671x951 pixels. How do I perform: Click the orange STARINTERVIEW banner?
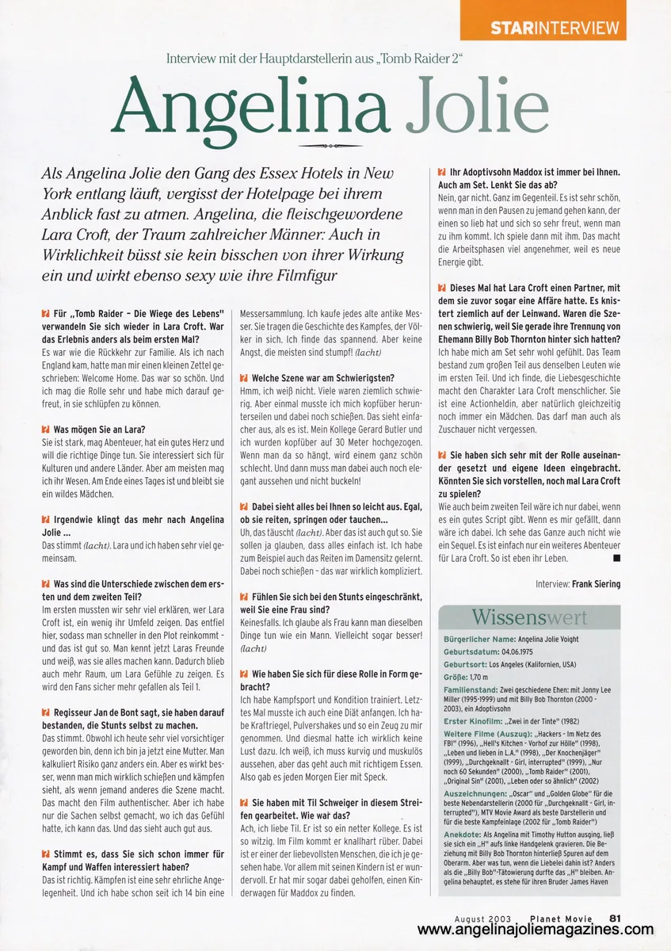(554, 28)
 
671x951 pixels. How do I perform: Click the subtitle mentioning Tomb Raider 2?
(314, 59)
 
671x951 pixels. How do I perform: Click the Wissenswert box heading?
(530, 617)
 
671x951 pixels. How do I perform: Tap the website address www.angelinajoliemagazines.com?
(536, 930)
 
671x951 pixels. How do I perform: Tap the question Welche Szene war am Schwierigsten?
(322, 377)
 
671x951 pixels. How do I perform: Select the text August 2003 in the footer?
(481, 919)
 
